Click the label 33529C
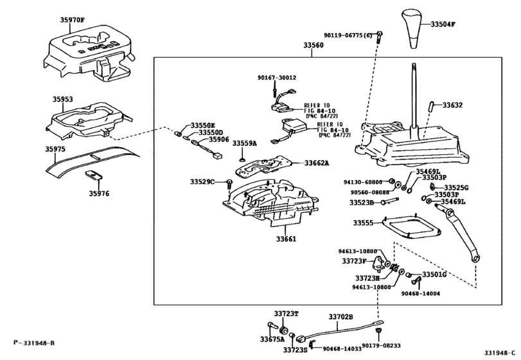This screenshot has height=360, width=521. [202, 183]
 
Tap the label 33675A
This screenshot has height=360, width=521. [272, 339]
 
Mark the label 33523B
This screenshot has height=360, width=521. [361, 203]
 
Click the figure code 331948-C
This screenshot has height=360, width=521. [500, 352]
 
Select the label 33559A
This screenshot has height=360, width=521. [244, 143]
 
